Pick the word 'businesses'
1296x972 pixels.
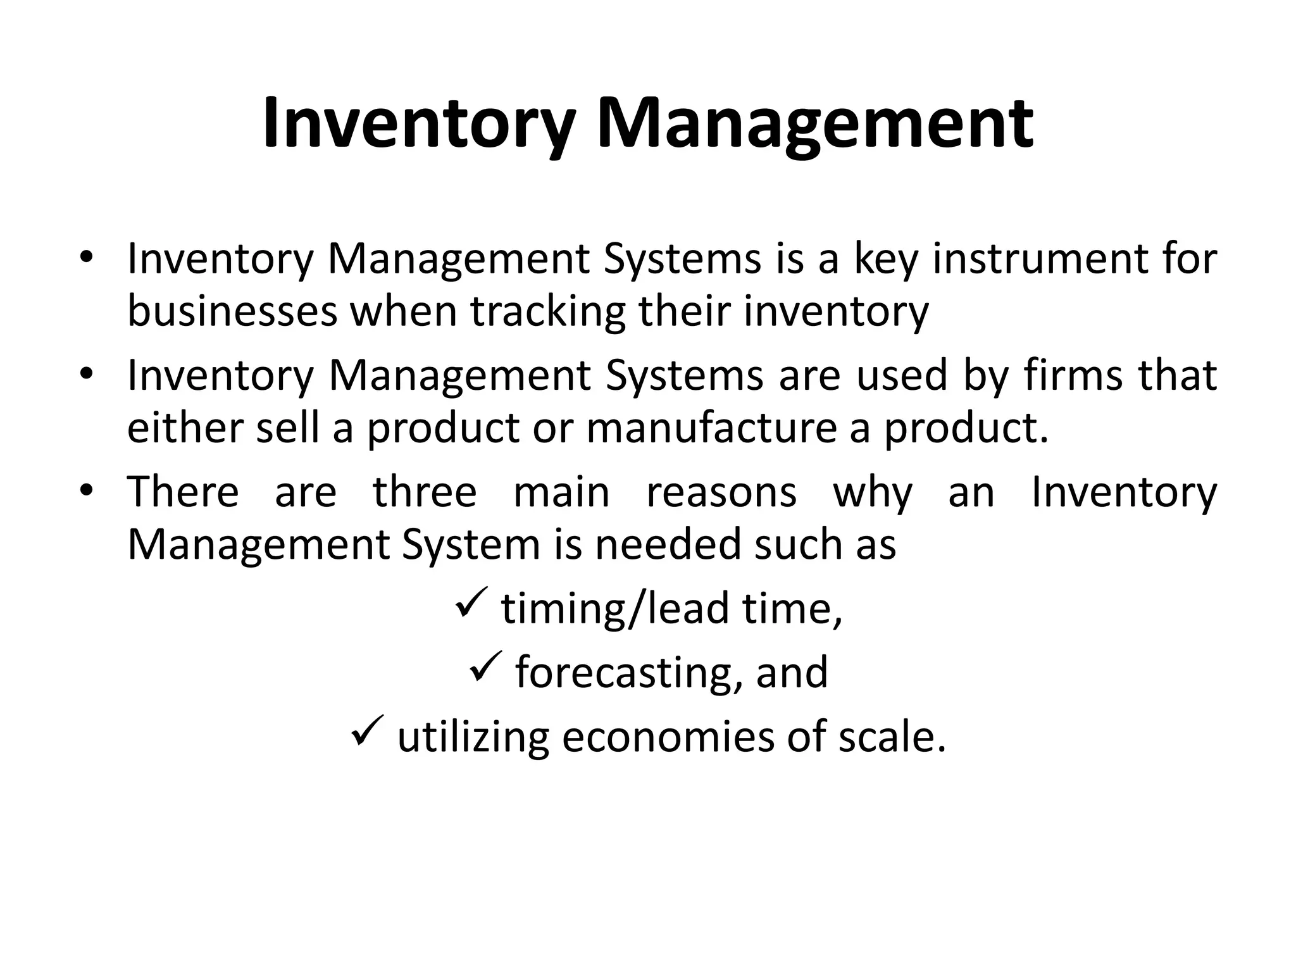(232, 311)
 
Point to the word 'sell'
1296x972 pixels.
(287, 428)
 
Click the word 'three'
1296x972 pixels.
(424, 492)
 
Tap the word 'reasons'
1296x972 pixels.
(721, 493)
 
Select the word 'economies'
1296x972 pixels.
(668, 737)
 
